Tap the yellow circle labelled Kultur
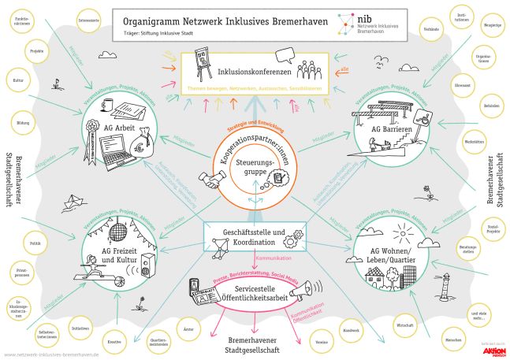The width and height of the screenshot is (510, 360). pyautogui.click(x=18, y=80)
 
